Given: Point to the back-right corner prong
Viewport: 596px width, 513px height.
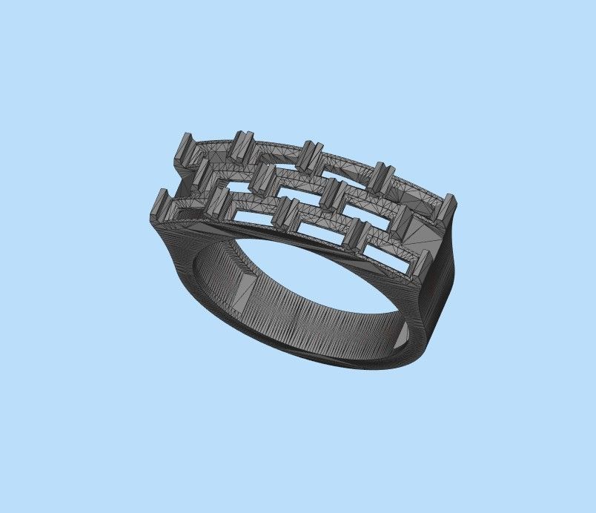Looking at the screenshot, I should [x=448, y=207].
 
